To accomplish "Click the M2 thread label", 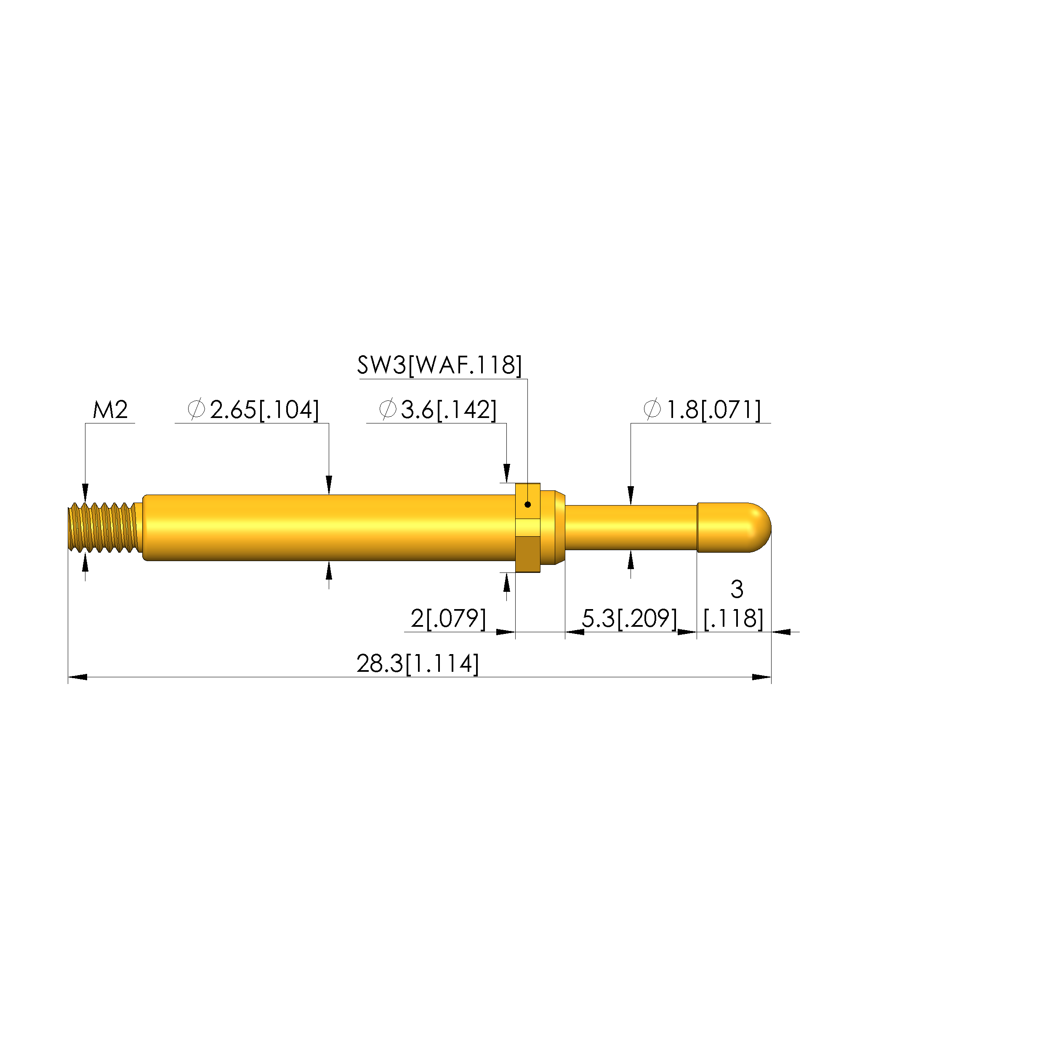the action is (110, 410).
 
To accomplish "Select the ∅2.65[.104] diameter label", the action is (253, 410).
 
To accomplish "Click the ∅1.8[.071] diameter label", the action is (702, 410).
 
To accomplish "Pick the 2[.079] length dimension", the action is (448, 619).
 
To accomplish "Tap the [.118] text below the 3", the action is (734, 619).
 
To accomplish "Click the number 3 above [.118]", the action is (737, 589).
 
